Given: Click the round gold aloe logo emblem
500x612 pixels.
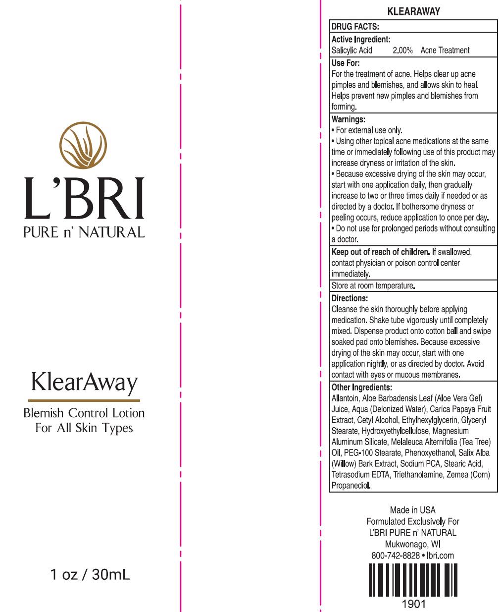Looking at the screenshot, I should tap(83, 146).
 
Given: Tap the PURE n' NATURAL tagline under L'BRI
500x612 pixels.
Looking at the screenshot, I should tap(84, 232).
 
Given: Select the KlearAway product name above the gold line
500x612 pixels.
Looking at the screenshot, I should tap(84, 383).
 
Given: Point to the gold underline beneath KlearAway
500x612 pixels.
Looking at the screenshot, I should tap(84, 400).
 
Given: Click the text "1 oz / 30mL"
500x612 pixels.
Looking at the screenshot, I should tap(90, 574).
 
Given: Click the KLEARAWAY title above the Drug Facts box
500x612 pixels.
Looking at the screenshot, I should tap(413, 11).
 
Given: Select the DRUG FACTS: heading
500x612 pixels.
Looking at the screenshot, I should tap(355, 27).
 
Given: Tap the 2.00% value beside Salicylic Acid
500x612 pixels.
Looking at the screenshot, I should tap(402, 50).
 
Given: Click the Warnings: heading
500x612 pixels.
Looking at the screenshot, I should tap(349, 119).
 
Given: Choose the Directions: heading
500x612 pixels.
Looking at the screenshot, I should tap(350, 298).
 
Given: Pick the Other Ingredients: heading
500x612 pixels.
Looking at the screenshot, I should tap(361, 388).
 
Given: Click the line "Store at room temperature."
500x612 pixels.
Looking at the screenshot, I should tap(373, 285).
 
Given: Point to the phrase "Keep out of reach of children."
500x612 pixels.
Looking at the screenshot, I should tap(381, 252).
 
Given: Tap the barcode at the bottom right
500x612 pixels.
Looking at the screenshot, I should tap(413, 580).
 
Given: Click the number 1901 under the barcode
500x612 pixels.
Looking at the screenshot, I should tap(413, 604).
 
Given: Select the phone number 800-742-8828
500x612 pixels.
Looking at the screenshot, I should tap(396, 556).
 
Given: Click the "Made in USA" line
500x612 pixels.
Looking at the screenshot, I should tap(413, 510).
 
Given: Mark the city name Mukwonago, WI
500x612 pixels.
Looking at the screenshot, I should tap(413, 544).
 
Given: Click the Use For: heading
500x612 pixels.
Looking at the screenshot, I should tap(346, 63).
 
